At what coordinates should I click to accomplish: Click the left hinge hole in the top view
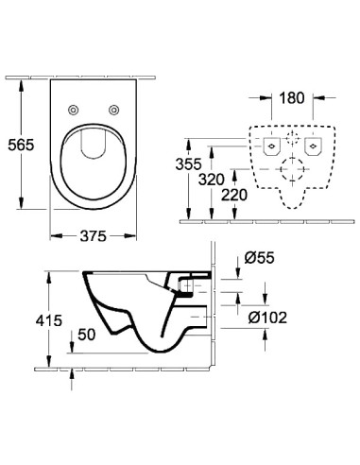72,108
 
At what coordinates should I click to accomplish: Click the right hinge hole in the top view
115,108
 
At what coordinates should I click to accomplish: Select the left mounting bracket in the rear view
269,146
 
